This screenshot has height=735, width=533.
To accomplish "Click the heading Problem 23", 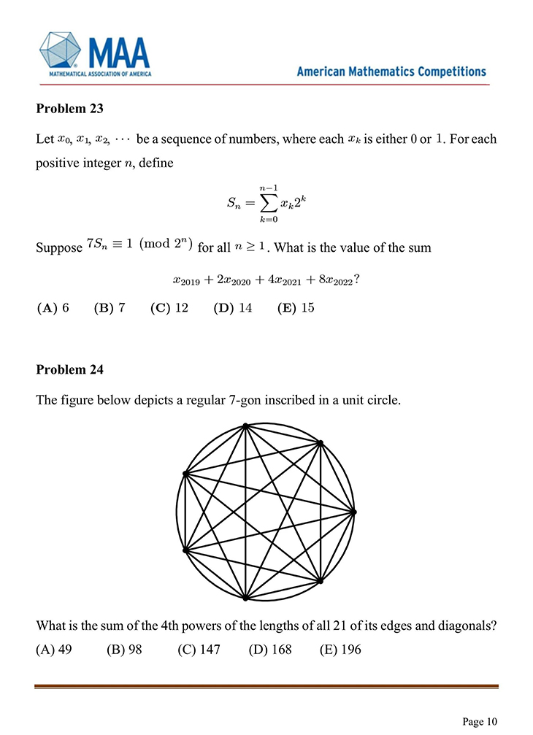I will click(x=69, y=109).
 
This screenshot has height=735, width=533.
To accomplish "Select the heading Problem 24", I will click(x=69, y=369).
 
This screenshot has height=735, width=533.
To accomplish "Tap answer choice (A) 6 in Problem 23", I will click(x=53, y=307).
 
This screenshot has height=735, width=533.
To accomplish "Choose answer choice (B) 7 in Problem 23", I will click(x=110, y=307).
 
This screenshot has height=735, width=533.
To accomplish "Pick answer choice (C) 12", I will click(x=169, y=307).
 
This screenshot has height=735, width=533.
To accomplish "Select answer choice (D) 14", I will click(x=233, y=307).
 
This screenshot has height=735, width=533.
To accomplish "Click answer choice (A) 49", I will click(x=53, y=650).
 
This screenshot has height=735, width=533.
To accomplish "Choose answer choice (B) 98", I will click(x=124, y=650).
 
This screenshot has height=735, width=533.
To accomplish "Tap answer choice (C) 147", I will click(x=199, y=650).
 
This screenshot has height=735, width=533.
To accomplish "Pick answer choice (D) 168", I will click(x=270, y=650).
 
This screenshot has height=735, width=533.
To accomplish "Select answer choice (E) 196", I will click(x=340, y=650).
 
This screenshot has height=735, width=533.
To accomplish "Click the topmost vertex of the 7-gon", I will click(x=246, y=426).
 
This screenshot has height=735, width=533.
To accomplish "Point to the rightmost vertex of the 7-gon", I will click(x=354, y=512).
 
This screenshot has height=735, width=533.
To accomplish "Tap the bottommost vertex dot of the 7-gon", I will click(x=246, y=598).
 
